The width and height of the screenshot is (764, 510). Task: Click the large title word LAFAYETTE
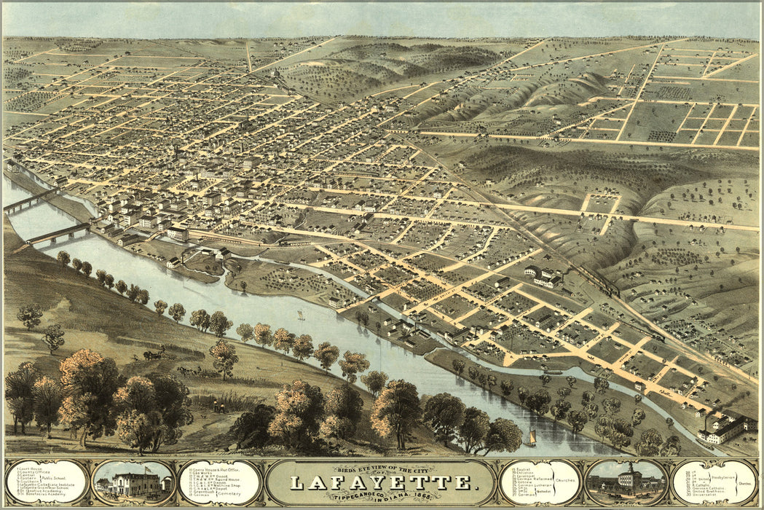[381, 482]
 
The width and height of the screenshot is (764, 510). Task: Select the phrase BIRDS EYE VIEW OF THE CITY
[381, 468]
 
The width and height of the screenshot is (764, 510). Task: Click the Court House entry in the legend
[25, 467]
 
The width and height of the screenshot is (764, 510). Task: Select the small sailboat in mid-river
[300, 315]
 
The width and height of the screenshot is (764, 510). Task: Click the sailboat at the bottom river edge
[532, 438]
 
